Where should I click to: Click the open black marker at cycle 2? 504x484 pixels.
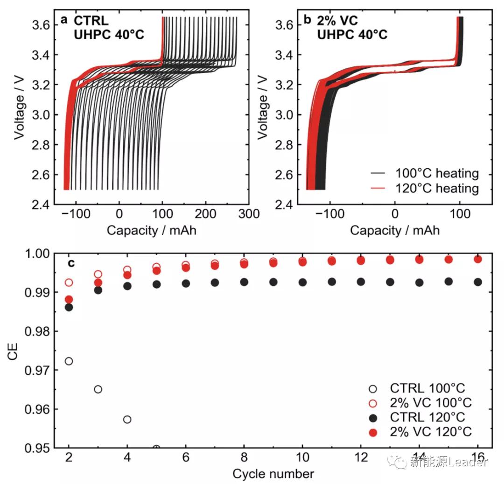tap(69, 361)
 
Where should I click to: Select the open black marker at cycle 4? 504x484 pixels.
tap(127, 419)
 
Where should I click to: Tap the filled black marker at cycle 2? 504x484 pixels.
tap(69, 307)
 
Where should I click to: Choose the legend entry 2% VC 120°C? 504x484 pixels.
tap(431, 432)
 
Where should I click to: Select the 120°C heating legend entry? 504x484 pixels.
tap(437, 188)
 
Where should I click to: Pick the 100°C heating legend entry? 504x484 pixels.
tap(437, 174)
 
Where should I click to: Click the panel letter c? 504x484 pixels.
tap(71, 263)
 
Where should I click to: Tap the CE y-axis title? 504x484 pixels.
tap(13, 351)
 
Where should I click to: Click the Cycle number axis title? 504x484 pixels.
tap(273, 474)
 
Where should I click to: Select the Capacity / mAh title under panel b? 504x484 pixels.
tap(394, 230)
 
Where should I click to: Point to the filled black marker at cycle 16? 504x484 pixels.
tap(477, 282)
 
